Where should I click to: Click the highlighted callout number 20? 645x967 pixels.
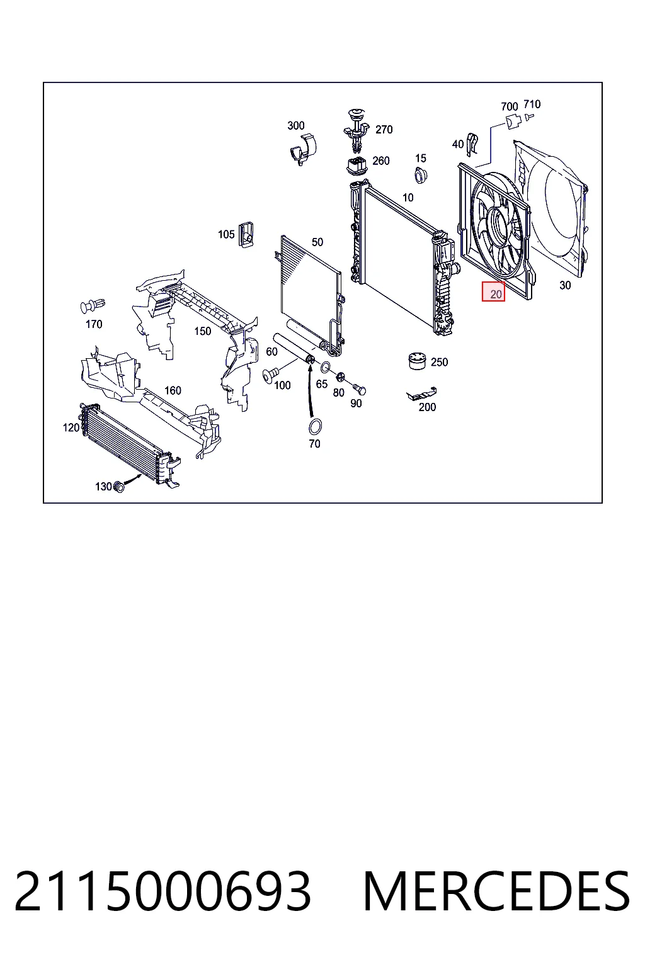[496, 294]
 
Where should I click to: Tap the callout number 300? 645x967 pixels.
[296, 126]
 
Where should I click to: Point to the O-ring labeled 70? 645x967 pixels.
[316, 426]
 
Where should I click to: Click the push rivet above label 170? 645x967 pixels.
[93, 306]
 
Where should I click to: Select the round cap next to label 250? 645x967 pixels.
[417, 361]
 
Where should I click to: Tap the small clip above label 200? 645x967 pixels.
[421, 393]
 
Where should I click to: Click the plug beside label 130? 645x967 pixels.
[118, 487]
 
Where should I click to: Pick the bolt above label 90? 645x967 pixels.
[359, 389]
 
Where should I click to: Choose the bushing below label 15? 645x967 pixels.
[420, 175]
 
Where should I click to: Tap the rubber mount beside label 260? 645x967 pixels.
[357, 166]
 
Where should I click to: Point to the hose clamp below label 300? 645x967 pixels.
[303, 149]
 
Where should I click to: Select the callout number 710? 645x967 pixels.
[532, 104]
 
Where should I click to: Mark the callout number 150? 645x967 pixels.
[203, 331]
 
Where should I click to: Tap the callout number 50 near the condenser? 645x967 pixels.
[317, 242]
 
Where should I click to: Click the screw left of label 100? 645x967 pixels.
[271, 374]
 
